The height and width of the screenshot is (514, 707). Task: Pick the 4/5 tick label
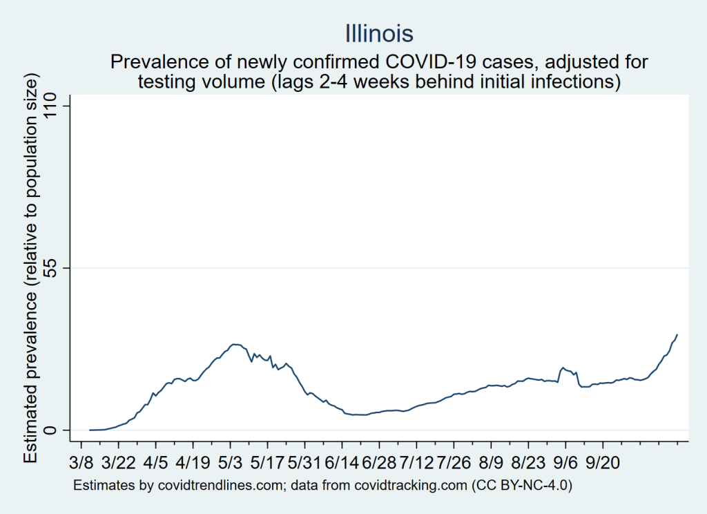click(x=156, y=461)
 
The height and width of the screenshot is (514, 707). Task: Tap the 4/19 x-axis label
click(x=193, y=461)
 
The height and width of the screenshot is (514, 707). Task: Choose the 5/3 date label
click(x=231, y=461)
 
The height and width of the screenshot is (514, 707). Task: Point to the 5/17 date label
click(x=268, y=461)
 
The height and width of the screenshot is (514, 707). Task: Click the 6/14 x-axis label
click(x=342, y=461)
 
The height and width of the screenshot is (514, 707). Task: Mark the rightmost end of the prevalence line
click(x=677, y=334)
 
